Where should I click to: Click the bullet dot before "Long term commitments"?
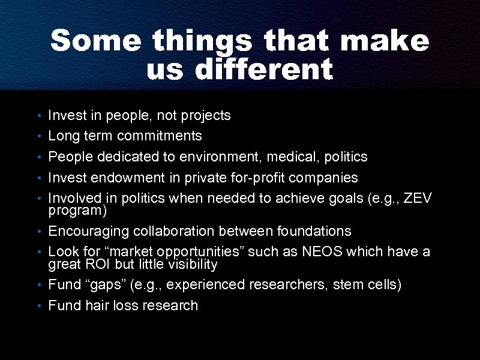(x=38, y=137)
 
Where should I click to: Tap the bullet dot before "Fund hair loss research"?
(x=38, y=306)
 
